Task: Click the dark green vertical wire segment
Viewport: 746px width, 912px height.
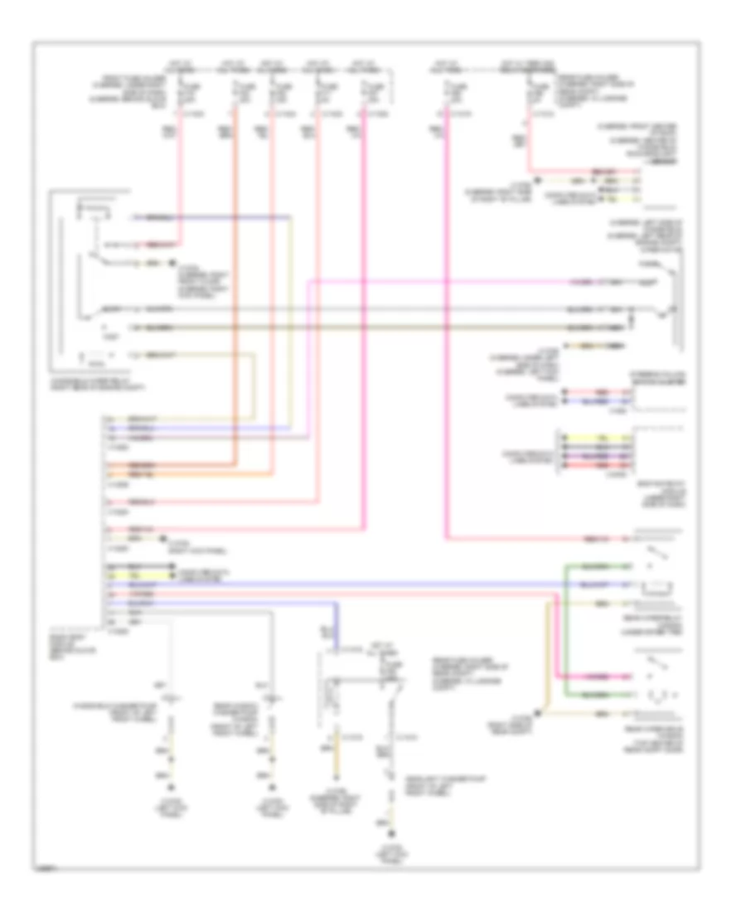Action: (566, 630)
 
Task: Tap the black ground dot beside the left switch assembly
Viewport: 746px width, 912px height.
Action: (172, 264)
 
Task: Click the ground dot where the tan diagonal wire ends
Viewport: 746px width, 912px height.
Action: (540, 711)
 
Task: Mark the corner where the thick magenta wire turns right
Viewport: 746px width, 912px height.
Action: (447, 539)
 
